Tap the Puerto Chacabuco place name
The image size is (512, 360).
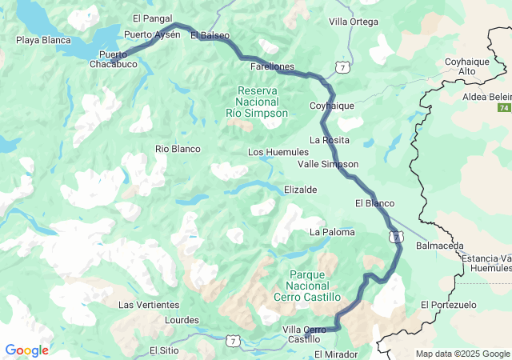click(113, 59)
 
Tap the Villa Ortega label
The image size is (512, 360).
click(354, 22)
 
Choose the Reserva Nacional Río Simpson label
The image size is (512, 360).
click(257, 102)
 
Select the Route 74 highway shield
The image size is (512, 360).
click(503, 108)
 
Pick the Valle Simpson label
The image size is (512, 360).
click(327, 164)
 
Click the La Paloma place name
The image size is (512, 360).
click(332, 232)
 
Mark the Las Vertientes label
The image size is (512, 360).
click(149, 305)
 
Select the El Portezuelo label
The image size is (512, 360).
click(448, 305)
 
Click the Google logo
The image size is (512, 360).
click(26, 350)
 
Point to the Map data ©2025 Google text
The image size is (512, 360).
click(462, 354)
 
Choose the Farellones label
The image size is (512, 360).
click(272, 66)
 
